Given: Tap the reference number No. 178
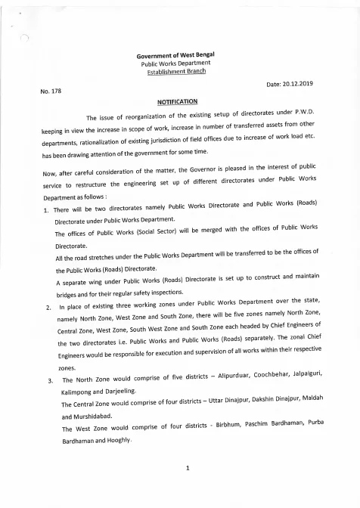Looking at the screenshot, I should pos(50,92).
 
